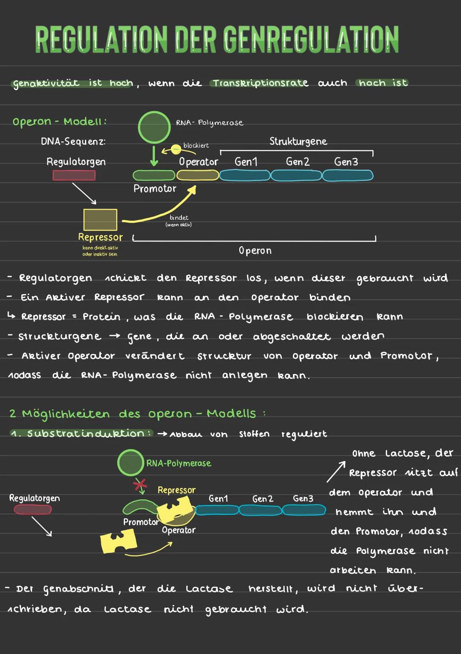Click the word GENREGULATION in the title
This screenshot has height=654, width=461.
coord(310,40)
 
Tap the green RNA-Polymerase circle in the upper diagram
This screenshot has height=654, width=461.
coord(154,127)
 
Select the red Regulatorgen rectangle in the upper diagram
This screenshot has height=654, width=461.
coord(74,175)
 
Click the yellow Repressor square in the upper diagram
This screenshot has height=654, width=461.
coord(100,219)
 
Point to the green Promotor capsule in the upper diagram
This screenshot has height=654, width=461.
coord(154,175)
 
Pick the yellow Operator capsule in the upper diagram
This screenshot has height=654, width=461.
coord(198,175)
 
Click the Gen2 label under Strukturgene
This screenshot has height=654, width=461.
coord(298,162)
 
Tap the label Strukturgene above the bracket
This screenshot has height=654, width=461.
coord(298,141)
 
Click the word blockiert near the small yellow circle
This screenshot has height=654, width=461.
coord(196,146)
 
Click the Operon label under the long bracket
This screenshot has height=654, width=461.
coord(255,251)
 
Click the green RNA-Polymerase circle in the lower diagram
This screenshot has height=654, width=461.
coord(131,462)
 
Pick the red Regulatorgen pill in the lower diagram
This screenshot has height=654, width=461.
coord(33,509)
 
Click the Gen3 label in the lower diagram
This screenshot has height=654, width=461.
coord(303,499)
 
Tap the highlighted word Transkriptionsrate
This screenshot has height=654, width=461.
coord(260,83)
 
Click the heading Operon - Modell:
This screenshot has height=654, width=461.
coord(59,122)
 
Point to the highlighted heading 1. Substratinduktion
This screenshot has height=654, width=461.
coord(81,433)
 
